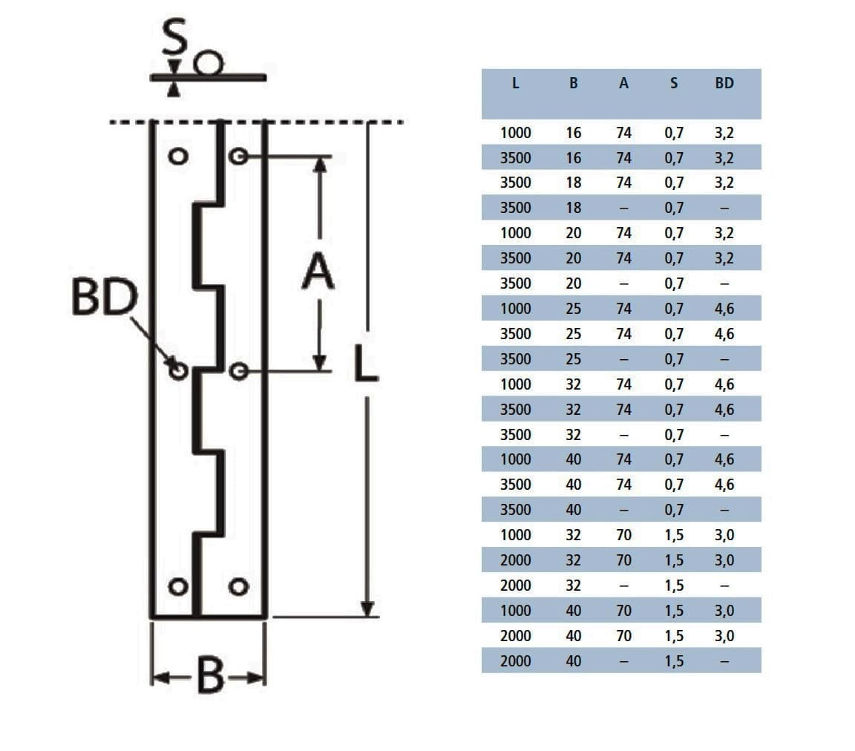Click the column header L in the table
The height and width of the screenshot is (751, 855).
515,84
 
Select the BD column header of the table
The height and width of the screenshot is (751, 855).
724,84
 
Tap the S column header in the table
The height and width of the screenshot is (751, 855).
674,84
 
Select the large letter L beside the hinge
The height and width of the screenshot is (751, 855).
366,363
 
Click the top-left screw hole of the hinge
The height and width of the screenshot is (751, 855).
177,157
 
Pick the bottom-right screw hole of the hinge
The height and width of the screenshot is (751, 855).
237,587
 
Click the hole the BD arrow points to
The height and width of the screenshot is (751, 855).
177,370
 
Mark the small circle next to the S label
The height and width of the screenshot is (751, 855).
209,64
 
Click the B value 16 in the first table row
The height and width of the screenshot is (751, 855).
574,134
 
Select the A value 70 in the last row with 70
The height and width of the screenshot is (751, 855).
623,636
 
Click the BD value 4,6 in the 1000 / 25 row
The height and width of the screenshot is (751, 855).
724,309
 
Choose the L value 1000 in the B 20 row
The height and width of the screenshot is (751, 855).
515,233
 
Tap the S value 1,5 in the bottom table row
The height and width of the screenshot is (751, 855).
674,661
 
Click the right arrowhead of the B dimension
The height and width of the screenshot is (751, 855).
258,678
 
